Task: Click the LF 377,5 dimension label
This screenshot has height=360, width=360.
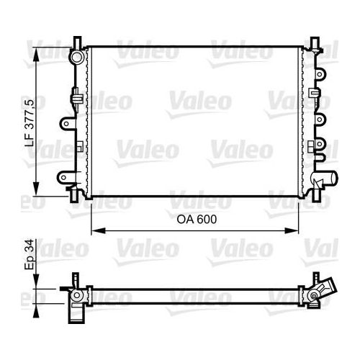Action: (x=30, y=123)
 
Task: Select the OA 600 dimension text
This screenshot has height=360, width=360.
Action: (x=197, y=220)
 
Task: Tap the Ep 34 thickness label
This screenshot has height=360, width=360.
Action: (x=30, y=254)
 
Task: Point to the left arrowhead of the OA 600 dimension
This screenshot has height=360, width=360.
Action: (x=99, y=231)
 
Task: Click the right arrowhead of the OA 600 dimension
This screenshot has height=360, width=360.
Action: (x=292, y=231)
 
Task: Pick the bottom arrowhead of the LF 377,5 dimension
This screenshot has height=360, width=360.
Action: (x=36, y=189)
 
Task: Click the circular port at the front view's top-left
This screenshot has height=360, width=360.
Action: (x=76, y=57)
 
